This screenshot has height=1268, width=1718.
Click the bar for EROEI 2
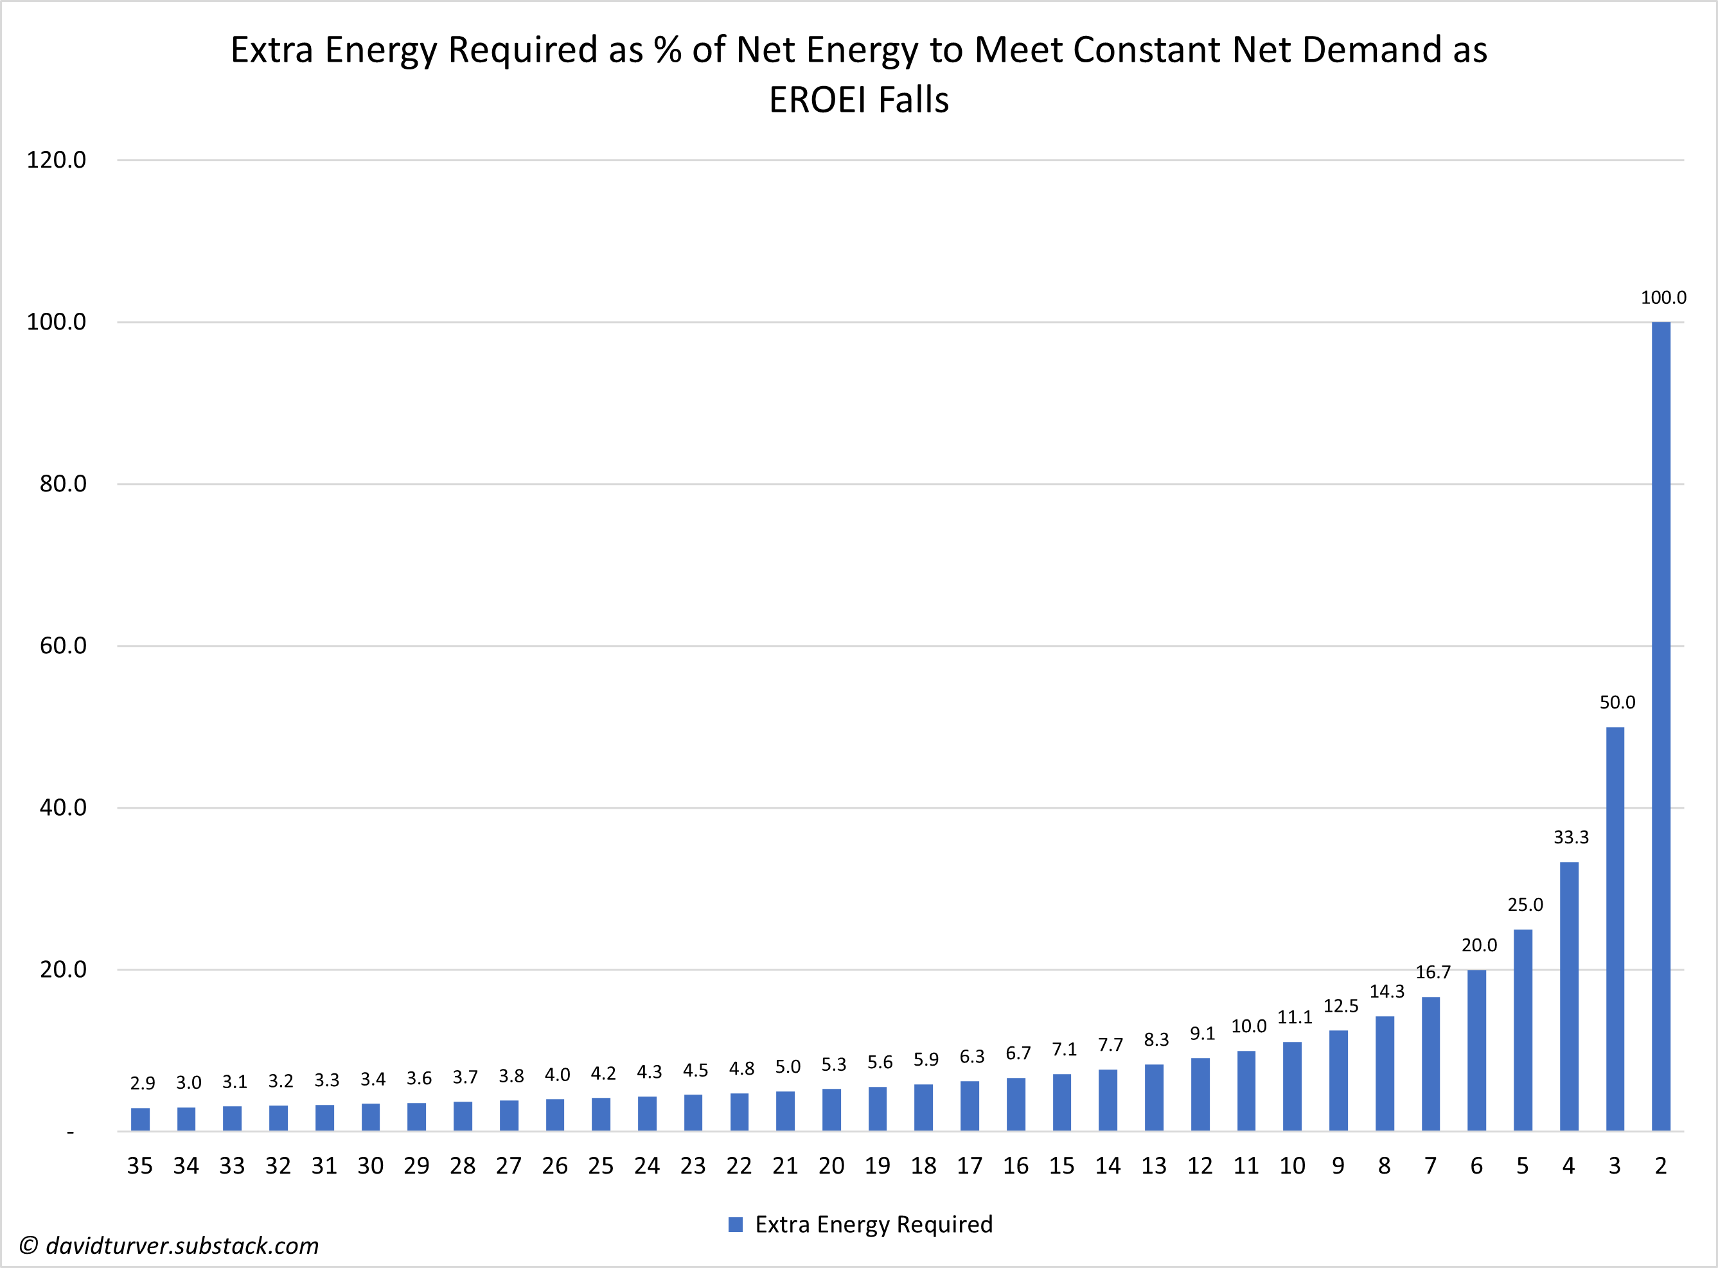[1660, 725]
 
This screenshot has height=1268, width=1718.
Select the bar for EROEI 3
[1615, 929]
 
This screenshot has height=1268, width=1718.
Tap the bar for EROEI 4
[1568, 996]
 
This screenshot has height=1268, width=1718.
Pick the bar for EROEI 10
[1292, 1086]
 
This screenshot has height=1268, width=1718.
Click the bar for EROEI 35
[141, 1119]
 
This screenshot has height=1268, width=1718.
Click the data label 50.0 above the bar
[1616, 702]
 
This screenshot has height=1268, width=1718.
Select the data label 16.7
[1433, 973]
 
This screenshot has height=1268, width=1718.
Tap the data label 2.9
[143, 1083]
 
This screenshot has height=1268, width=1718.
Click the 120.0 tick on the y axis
[56, 160]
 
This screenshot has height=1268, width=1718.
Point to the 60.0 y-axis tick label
[63, 646]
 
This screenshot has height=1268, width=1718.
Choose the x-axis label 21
[784, 1166]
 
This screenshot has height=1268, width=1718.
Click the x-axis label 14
[1107, 1166]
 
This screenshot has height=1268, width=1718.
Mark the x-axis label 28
[462, 1166]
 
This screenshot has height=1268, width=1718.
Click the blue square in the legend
[736, 1224]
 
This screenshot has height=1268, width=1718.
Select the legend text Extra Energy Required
[874, 1224]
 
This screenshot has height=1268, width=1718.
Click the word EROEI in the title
[816, 100]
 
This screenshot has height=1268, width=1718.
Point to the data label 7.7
[1110, 1044]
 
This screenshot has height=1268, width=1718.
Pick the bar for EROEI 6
[1476, 1050]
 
